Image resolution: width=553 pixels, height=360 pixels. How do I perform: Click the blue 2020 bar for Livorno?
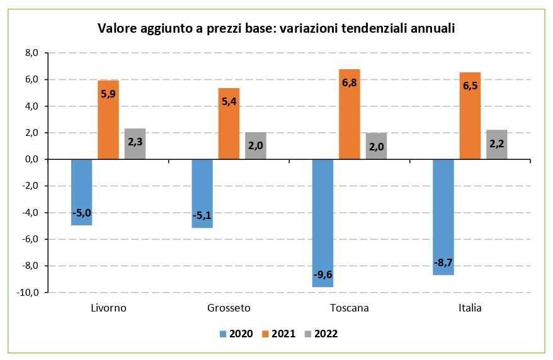81,192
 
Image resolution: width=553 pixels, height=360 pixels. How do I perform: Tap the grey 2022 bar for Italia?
496,145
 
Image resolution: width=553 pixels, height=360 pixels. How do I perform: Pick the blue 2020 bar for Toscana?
322,223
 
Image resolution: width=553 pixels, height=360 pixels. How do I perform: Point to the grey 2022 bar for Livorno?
135,144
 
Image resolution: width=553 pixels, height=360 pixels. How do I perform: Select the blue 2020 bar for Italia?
443,217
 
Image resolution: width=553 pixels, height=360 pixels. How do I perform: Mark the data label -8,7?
443,261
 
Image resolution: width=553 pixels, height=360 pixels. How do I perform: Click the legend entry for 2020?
236,334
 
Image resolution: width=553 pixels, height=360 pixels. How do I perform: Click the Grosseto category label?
229,308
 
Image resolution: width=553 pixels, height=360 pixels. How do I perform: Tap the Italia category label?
470,308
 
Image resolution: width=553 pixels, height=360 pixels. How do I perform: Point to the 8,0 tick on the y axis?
31,53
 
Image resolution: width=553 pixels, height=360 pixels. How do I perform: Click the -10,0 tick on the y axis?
29,293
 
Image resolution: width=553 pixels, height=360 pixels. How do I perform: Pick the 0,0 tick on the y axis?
31,160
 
